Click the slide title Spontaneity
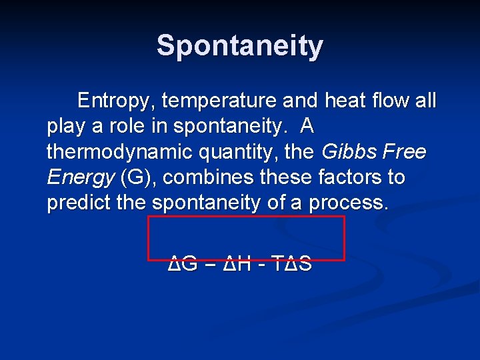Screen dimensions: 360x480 [x=240, y=46]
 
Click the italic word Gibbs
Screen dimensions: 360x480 [x=348, y=153]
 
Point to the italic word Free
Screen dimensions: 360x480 [x=403, y=153]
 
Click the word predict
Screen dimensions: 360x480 [x=79, y=203]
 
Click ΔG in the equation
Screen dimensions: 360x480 [x=183, y=264]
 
